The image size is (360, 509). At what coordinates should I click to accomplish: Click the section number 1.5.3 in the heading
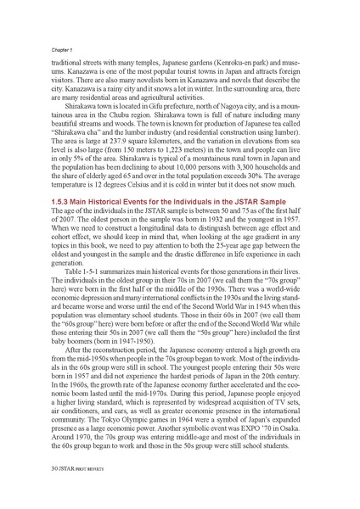(x=51, y=220)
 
